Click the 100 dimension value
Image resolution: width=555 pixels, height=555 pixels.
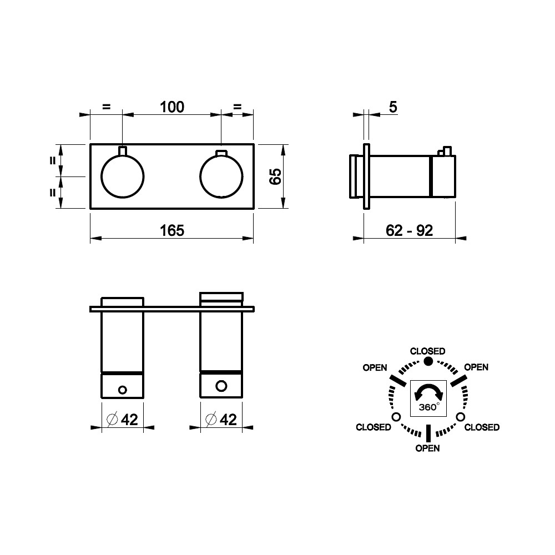pos(172,107)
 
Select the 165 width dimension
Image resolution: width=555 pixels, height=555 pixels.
pos(172,231)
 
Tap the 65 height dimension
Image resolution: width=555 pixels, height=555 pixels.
pos(275,176)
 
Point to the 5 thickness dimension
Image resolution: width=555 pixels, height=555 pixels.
pos(393,107)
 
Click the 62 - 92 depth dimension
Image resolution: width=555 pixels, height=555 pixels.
pos(409,231)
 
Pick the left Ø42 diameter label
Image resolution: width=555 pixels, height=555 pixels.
pos(122,420)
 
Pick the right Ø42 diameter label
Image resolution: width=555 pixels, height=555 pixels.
pos(221,420)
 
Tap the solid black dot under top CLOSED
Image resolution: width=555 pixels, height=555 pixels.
pos(428,361)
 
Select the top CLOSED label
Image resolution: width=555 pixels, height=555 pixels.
pos(427,351)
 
